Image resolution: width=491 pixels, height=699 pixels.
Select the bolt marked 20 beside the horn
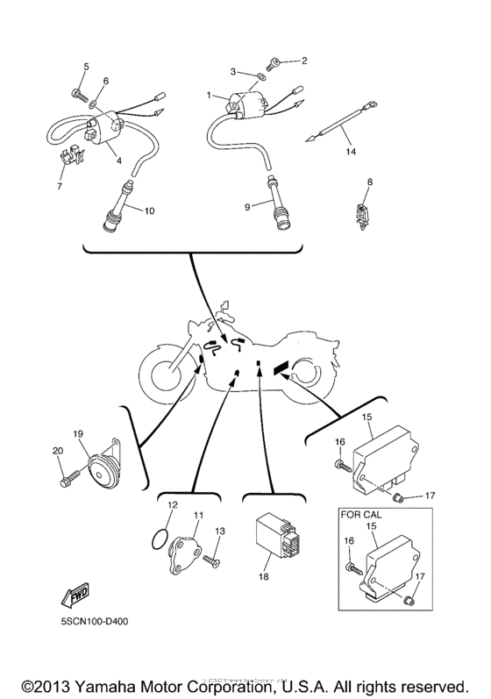(69, 480)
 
